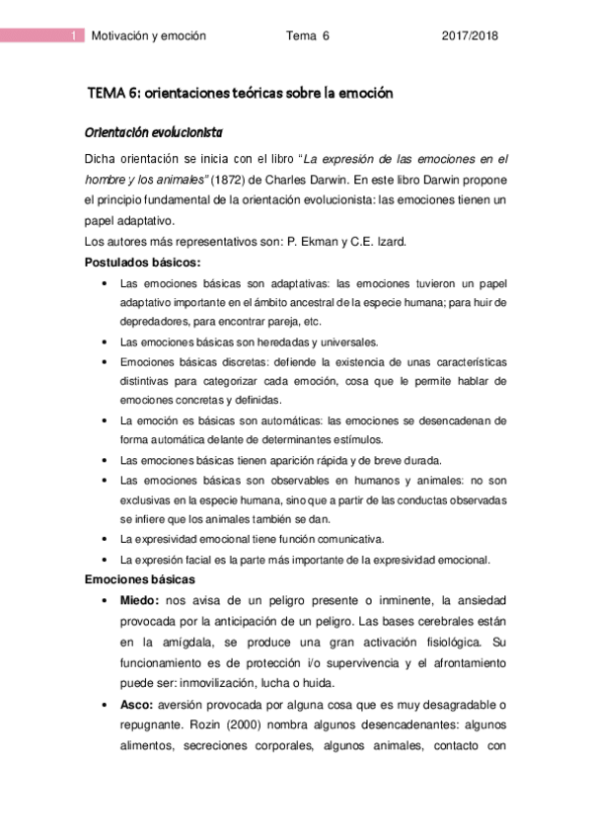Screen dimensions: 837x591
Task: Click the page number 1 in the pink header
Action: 75,36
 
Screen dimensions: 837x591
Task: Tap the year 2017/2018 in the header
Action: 469,36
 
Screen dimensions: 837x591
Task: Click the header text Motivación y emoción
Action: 148,36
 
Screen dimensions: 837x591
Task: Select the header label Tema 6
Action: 307,36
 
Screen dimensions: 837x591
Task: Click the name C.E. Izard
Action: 379,242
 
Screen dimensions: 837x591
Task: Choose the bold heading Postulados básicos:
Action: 142,263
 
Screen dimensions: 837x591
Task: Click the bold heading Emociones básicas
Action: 140,578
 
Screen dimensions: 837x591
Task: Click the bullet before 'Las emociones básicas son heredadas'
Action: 106,342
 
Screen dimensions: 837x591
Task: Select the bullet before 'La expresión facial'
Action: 106,559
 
